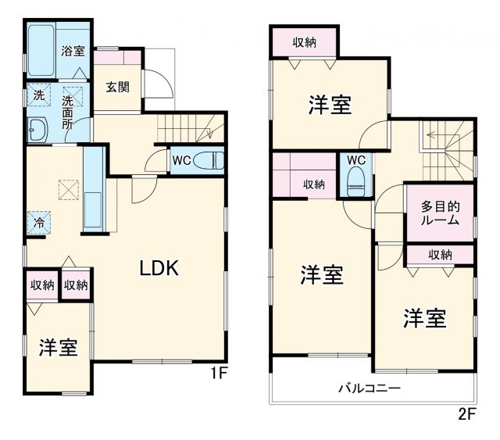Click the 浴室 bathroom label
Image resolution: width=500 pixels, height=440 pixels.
pyautogui.click(x=73, y=52)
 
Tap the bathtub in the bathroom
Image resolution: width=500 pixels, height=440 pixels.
pyautogui.click(x=40, y=51)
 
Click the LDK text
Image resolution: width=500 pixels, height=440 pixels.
pyautogui.click(x=160, y=268)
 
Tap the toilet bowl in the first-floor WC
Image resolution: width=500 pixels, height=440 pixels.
pyautogui.click(x=210, y=161)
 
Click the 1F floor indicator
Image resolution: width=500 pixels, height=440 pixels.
pyautogui.click(x=217, y=374)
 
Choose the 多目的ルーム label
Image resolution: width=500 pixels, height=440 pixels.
pyautogui.click(x=439, y=213)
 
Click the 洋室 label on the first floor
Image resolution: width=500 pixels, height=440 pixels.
pyautogui.click(x=59, y=348)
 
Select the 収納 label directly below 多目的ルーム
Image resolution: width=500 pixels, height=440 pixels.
pyautogui.click(x=439, y=255)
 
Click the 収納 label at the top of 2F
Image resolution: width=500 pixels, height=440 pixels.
pyautogui.click(x=305, y=41)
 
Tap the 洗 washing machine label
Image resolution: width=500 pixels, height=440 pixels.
pyautogui.click(x=37, y=96)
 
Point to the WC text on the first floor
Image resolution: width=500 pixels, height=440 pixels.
pyautogui.click(x=181, y=161)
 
